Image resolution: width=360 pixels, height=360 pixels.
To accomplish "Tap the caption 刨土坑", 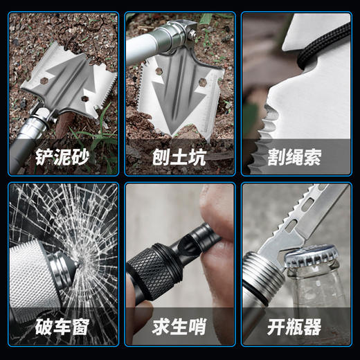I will click(x=179, y=154).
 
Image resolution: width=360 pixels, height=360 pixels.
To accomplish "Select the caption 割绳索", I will click(x=296, y=154).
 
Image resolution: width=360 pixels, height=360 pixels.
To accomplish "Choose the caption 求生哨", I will click(x=179, y=325).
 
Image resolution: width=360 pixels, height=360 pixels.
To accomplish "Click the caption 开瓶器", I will click(x=296, y=325).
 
